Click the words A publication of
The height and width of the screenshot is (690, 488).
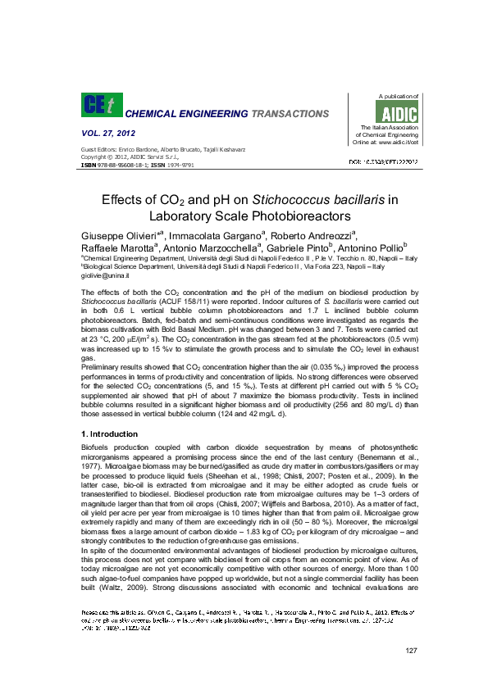395,97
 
